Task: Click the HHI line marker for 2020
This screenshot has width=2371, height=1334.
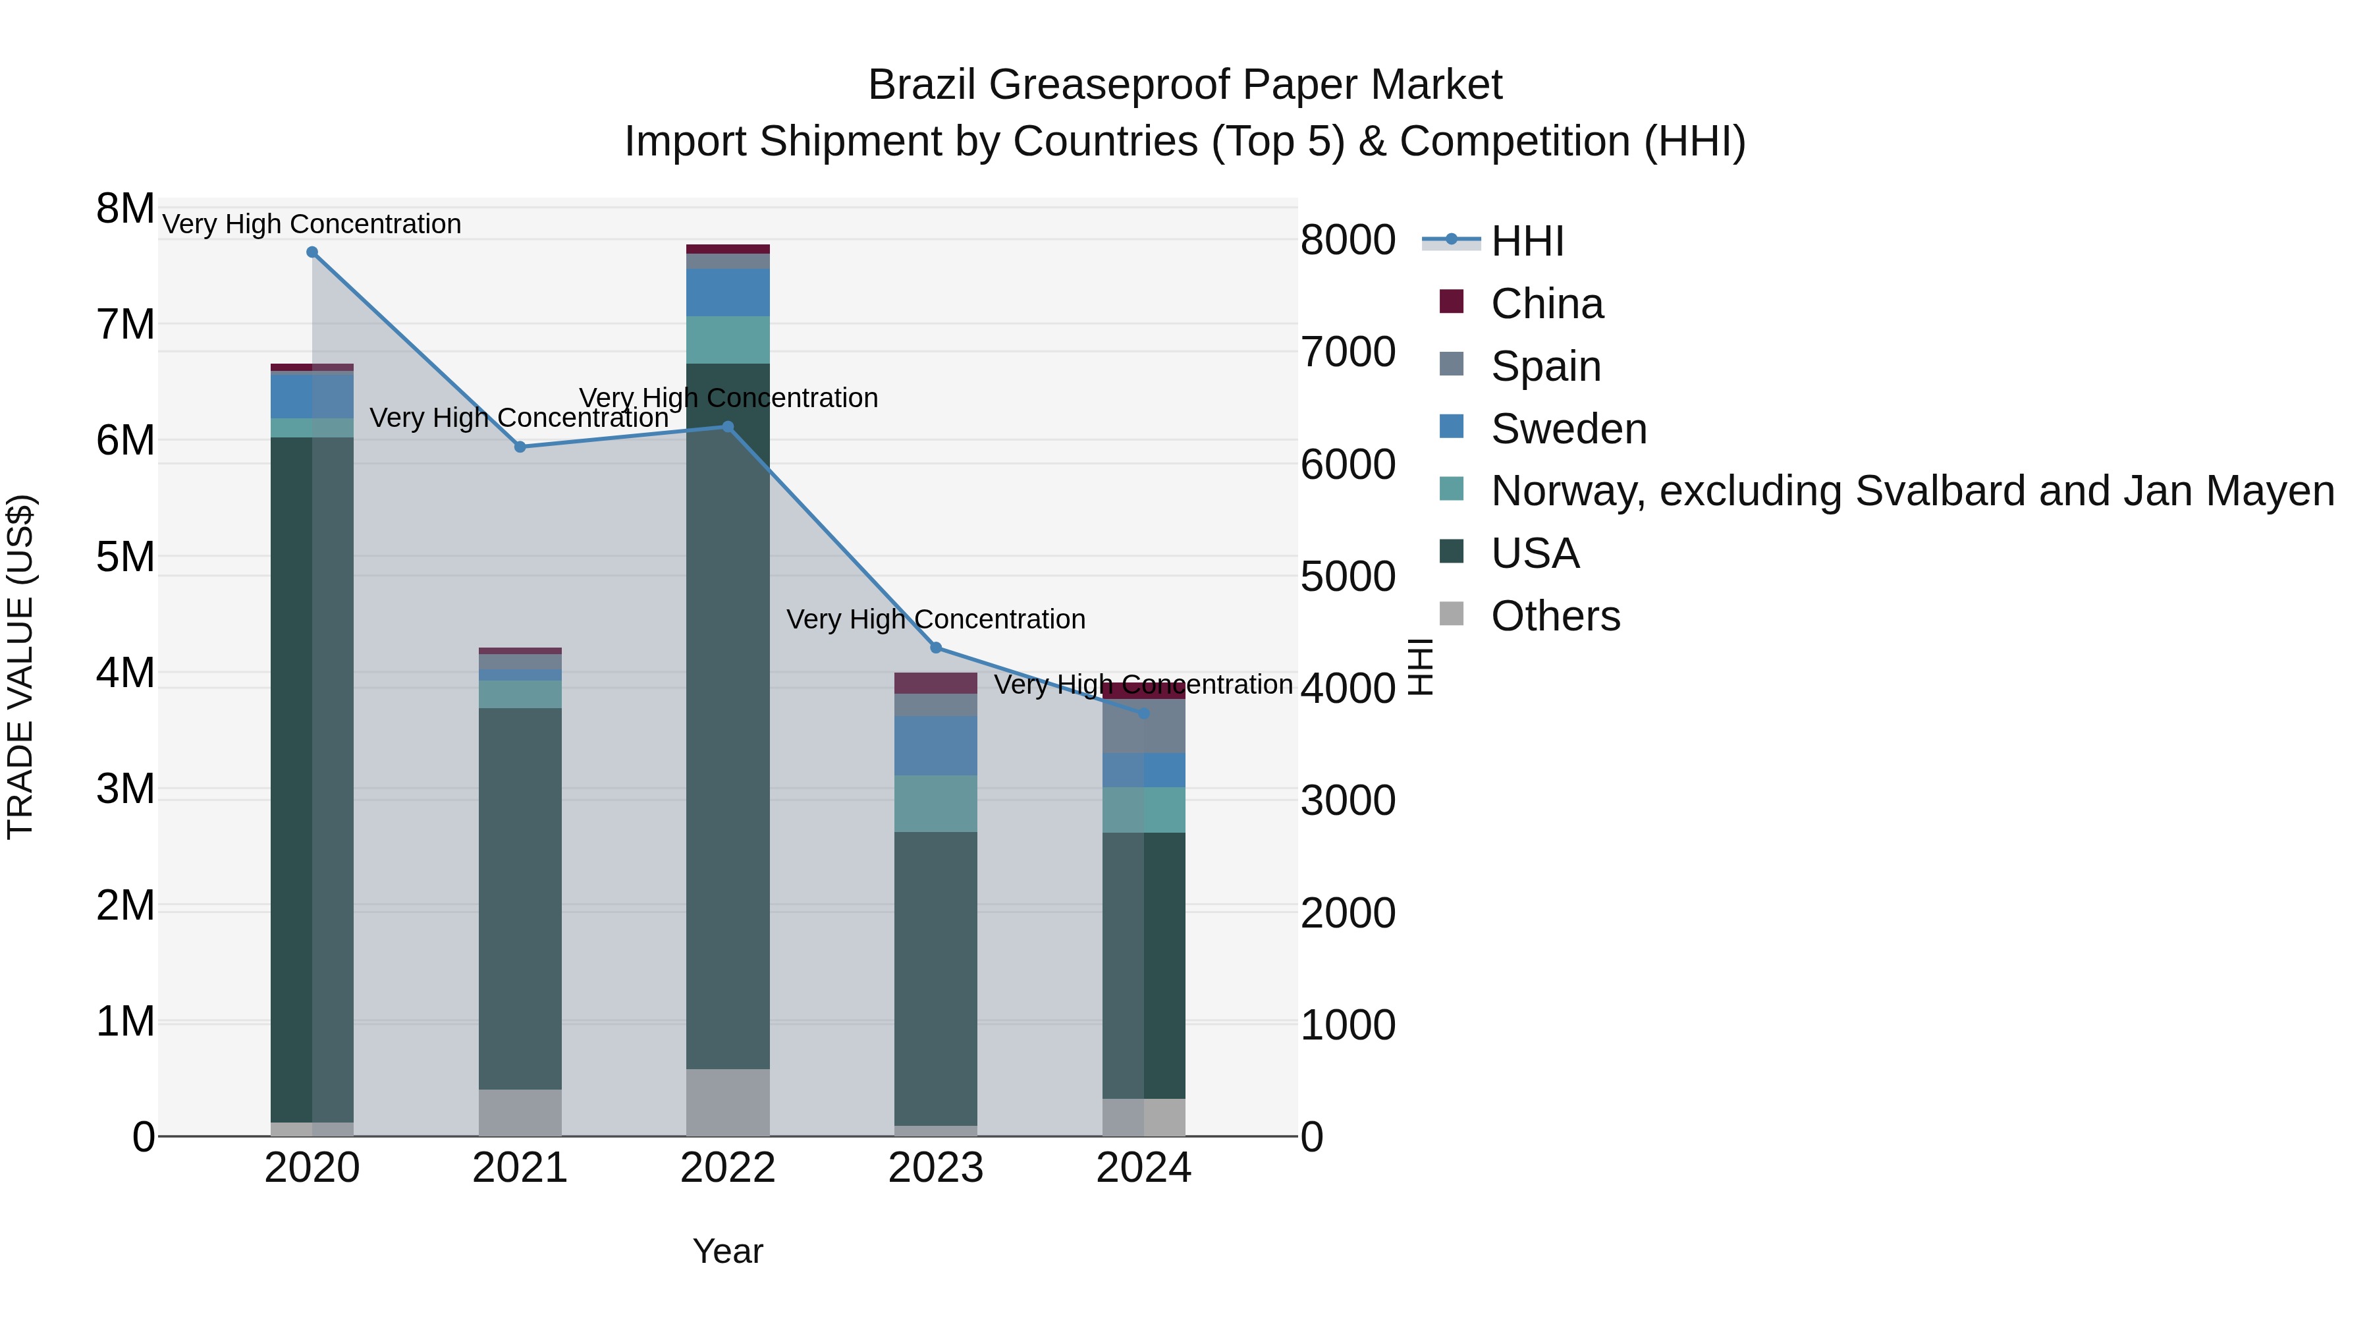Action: [312, 252]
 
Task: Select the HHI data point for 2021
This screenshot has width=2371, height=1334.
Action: [520, 447]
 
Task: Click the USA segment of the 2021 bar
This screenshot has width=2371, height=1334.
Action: [520, 898]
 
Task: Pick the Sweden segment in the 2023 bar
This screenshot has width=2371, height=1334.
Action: [936, 746]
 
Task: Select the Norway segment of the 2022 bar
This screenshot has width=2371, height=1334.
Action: [728, 340]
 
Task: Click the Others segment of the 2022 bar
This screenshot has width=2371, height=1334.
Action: [728, 1102]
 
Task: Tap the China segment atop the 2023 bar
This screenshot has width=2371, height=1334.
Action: [936, 683]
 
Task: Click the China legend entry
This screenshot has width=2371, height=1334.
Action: [1546, 304]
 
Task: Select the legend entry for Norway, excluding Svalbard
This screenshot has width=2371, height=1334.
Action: [1912, 491]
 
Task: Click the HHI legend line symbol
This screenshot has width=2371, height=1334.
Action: [1452, 240]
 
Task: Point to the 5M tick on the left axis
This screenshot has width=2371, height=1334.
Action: [125, 557]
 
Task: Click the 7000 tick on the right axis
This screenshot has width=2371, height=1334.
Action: [1348, 352]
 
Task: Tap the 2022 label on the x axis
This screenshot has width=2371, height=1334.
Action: [728, 1168]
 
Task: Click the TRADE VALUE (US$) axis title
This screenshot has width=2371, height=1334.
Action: [21, 667]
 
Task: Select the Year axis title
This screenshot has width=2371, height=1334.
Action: [728, 1251]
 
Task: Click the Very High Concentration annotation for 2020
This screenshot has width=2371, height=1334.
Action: [312, 224]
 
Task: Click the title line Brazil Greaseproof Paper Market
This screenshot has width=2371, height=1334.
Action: [1185, 85]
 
